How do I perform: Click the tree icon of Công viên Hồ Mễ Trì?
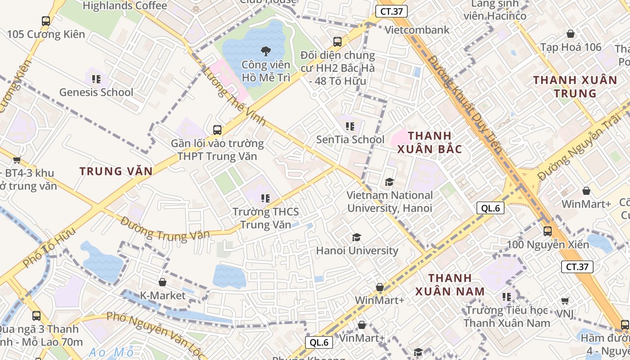coord(266,51)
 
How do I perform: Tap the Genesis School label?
coord(96,92)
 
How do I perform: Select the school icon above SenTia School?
coord(350,127)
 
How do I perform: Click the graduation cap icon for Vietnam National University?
coord(389,182)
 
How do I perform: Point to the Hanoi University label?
coord(357,251)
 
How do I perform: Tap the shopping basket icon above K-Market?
coord(162,282)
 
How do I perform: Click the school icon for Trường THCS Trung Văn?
coord(265,198)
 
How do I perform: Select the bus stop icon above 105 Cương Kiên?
coord(46,21)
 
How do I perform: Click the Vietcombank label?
coord(417,30)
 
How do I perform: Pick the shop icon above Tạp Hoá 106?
coord(571,34)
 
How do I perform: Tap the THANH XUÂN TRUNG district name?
coord(575,87)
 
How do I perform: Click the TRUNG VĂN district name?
coord(116,171)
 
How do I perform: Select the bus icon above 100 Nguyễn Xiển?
coord(548,231)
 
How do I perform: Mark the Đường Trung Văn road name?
coord(165,229)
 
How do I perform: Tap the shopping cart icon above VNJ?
coord(565,301)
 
